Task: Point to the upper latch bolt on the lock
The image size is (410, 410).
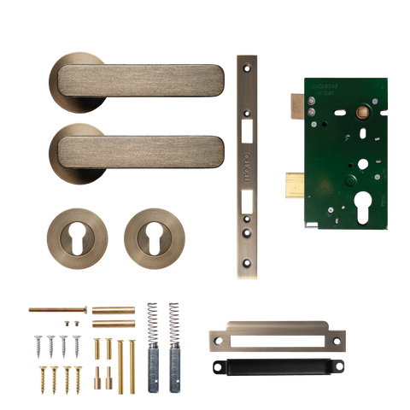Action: [x=291, y=103]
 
